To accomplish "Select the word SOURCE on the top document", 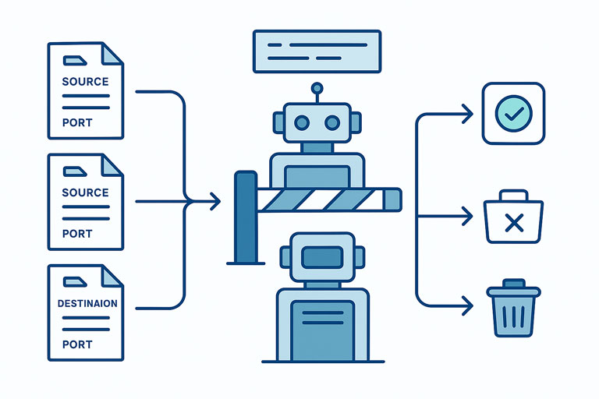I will pyautogui.click(x=86, y=81).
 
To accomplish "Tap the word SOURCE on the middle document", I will pyautogui.click(x=86, y=192).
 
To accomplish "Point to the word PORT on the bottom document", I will pyautogui.click(x=77, y=344).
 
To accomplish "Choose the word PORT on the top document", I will pyautogui.click(x=77, y=122).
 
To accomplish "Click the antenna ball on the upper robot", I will pyautogui.click(x=316, y=88).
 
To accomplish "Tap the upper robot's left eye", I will pyautogui.click(x=300, y=122).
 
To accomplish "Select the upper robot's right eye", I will pyautogui.click(x=332, y=122).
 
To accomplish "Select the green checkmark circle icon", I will pyautogui.click(x=513, y=114).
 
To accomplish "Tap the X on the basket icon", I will pyautogui.click(x=513, y=224).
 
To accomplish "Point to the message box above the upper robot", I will pyautogui.click(x=317, y=51).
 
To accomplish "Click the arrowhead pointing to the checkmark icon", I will pyautogui.click(x=467, y=115).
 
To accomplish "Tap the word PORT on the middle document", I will pyautogui.click(x=77, y=233).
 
